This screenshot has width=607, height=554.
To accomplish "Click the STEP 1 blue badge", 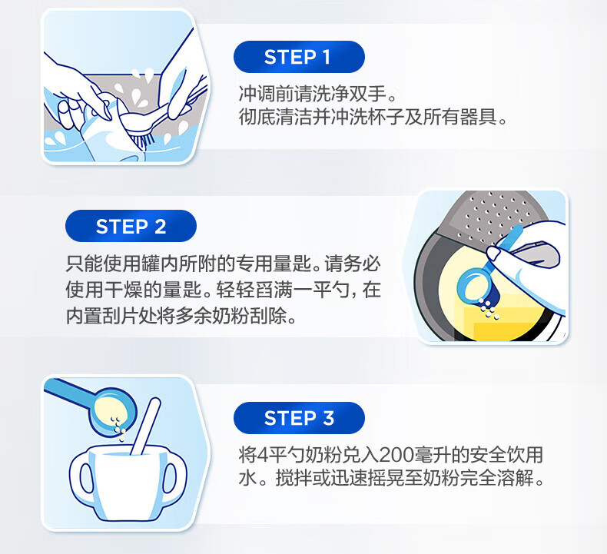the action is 299,57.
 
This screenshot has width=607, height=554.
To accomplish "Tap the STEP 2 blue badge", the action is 131,226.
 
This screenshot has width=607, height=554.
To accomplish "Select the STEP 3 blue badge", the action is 299,418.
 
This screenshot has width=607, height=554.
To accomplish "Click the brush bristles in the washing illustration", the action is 142,140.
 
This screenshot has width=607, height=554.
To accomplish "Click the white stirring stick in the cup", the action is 145,426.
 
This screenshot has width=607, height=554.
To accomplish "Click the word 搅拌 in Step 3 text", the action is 294,478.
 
